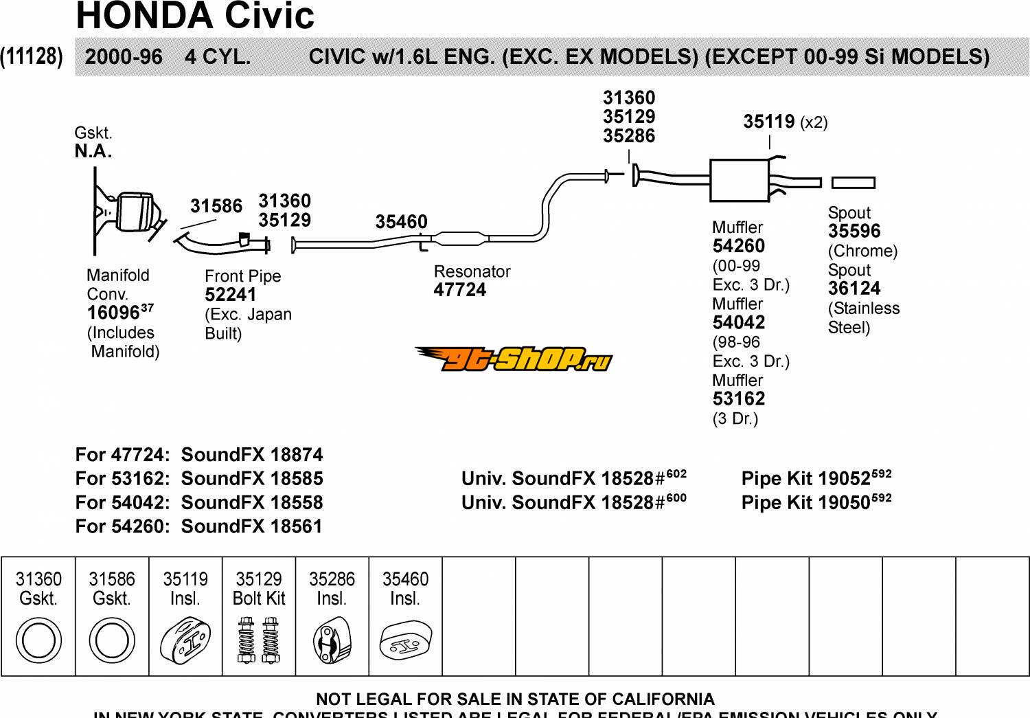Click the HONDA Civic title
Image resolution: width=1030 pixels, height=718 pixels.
(x=195, y=16)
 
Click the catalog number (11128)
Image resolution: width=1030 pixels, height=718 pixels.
(x=32, y=56)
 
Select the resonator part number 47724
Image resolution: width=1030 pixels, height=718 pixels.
(x=459, y=290)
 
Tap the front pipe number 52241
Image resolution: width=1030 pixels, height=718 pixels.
(x=230, y=295)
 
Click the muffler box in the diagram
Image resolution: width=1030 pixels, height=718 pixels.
(x=739, y=180)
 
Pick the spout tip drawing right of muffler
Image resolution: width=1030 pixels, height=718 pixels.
(x=853, y=183)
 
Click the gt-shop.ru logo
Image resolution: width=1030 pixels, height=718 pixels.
(x=514, y=358)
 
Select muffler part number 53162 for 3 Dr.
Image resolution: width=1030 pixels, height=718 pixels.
(x=739, y=399)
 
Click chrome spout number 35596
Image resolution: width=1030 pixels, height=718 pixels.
(x=854, y=232)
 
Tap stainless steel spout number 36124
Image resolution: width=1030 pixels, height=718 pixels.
(x=854, y=289)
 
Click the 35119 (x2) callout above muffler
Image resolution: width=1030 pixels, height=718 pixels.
(x=784, y=122)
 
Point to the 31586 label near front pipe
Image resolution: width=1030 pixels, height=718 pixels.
(x=216, y=206)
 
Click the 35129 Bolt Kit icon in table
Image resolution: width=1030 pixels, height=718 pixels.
(x=258, y=640)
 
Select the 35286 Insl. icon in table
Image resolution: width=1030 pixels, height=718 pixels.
(x=332, y=641)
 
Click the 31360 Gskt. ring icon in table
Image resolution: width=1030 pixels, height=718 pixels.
(x=38, y=640)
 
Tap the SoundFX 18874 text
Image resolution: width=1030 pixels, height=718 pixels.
(x=251, y=455)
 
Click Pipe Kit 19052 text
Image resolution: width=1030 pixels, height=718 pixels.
(x=815, y=478)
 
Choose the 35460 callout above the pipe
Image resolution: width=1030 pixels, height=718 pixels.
(x=401, y=222)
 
